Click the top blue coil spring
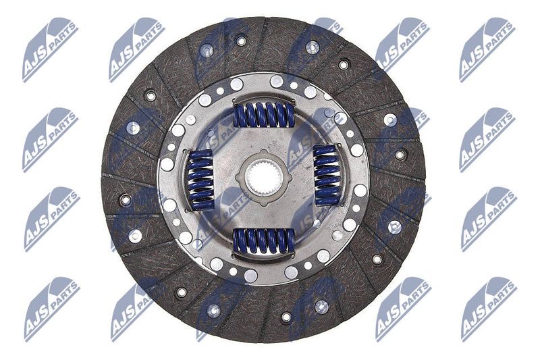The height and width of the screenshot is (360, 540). pos(264,114)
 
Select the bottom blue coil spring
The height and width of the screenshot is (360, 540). pos(264,241)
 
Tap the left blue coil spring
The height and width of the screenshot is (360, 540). pos(200,180)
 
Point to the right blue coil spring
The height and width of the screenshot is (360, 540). pos(325,175)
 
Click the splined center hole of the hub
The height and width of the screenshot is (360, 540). pos(264,178)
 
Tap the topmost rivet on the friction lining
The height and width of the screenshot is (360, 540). pos(241,41)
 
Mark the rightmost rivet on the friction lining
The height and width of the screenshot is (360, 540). pos(400,155)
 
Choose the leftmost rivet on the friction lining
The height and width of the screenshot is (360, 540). pos(126,199)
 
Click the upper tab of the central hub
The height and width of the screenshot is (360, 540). pos(263,153)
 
